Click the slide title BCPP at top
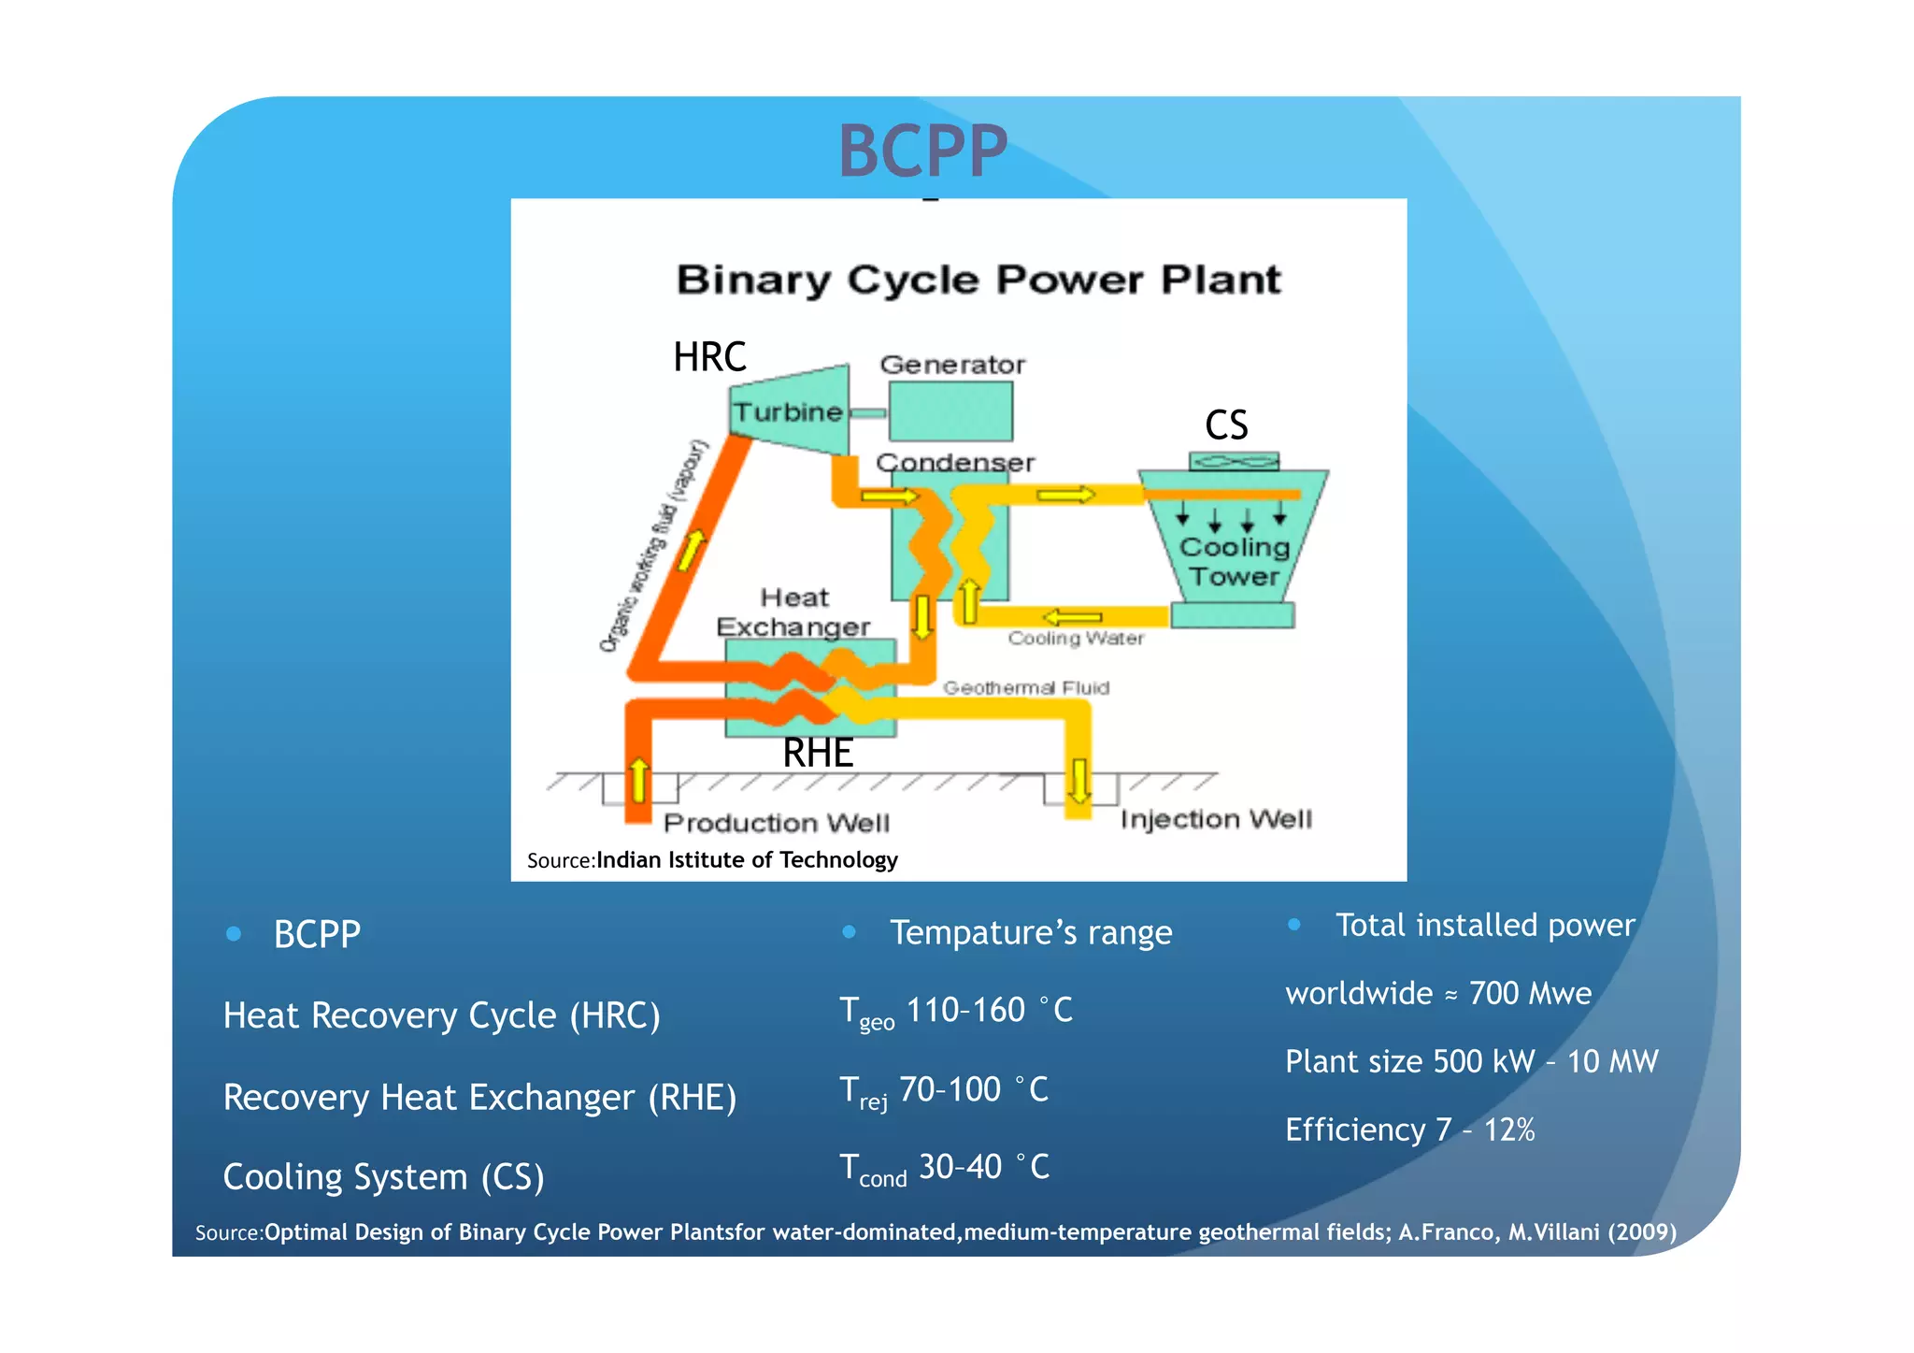coord(922,151)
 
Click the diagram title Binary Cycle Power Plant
coord(978,280)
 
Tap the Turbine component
coord(788,412)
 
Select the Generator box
coord(950,412)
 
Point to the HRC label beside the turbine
coord(709,357)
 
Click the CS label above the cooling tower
coord(1226,425)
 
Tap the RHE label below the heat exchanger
coord(818,753)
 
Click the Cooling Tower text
coord(1234,562)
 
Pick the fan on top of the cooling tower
coord(1234,461)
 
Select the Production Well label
coord(776,823)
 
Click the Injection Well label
coord(1216,819)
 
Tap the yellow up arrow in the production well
coord(639,780)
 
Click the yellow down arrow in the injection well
coord(1079,782)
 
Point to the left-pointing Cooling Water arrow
coord(1073,617)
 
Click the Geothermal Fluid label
coord(1025,688)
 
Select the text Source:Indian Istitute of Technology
coord(712,860)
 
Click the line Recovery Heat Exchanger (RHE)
coord(479,1097)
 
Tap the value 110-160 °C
coord(989,1011)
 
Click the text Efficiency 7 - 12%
coord(1409,1130)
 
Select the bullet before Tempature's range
coord(849,931)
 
